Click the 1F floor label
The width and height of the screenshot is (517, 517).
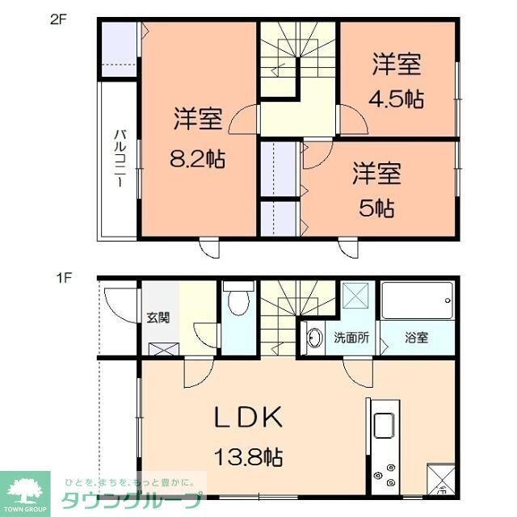(63, 280)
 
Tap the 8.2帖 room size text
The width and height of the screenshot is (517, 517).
(198, 159)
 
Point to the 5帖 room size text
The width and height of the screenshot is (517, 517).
(376, 209)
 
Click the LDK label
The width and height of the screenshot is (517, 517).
(247, 417)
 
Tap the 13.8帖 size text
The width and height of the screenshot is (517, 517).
(248, 457)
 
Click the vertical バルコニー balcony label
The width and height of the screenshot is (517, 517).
(118, 158)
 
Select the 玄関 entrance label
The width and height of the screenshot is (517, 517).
(158, 317)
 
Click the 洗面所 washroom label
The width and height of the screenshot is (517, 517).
(351, 338)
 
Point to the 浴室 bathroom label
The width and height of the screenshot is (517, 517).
(417, 338)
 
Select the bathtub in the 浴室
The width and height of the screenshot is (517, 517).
(417, 303)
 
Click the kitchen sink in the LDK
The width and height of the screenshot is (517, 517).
(383, 423)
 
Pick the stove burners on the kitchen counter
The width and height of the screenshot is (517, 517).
(386, 473)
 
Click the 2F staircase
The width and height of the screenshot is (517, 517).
(297, 57)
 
